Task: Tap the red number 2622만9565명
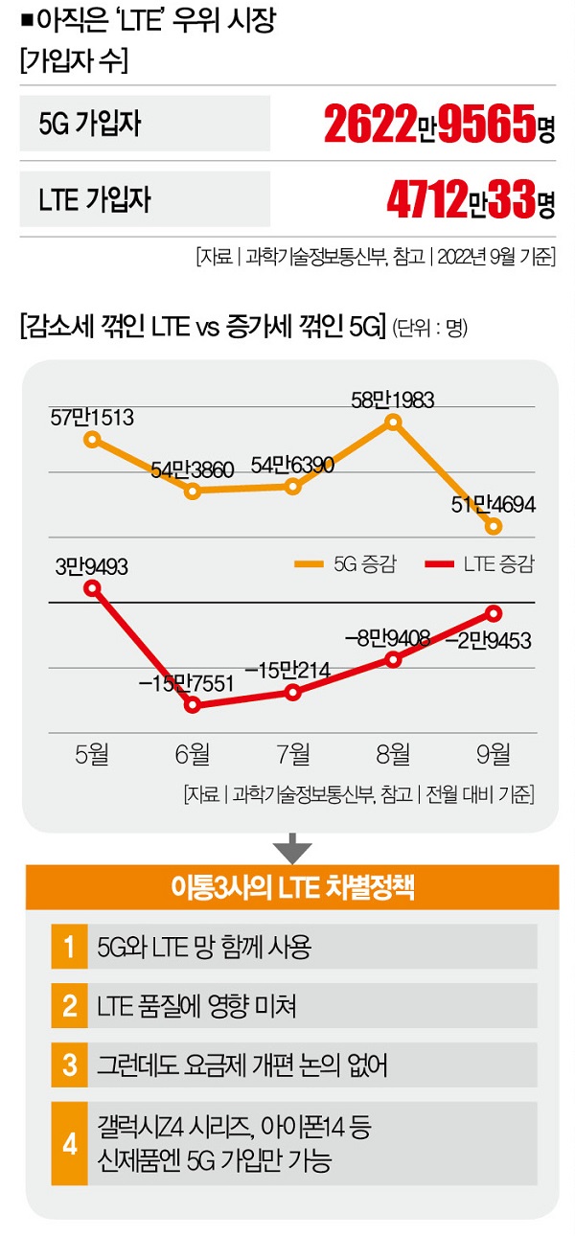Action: (x=439, y=124)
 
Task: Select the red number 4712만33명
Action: (x=470, y=199)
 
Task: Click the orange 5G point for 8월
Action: (x=392, y=422)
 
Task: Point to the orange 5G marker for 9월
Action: (x=493, y=526)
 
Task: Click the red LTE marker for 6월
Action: (x=193, y=705)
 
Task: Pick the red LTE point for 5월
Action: (x=93, y=588)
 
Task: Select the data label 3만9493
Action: (x=93, y=566)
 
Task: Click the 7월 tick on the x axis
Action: (x=292, y=753)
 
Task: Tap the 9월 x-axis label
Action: (x=493, y=753)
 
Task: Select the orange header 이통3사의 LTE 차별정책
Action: (x=292, y=886)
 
